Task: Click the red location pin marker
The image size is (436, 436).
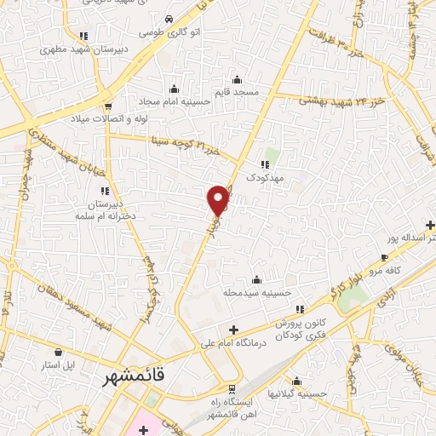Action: [x=219, y=199]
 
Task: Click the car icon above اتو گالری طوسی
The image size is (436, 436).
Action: [x=169, y=19]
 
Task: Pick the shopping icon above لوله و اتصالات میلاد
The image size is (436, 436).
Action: [x=108, y=104]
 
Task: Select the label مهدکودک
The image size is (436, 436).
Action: [x=264, y=178]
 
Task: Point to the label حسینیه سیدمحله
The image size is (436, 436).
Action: [x=256, y=293]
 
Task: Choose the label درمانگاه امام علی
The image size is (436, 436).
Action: [x=233, y=343]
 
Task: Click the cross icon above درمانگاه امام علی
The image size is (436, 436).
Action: [x=233, y=330]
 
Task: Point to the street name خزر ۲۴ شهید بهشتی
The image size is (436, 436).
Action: [x=334, y=101]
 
